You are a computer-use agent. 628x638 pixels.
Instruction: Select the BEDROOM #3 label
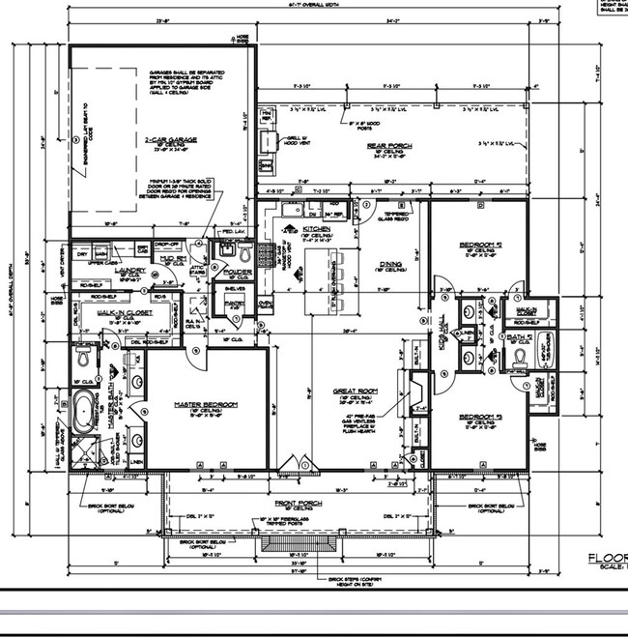pyautogui.click(x=479, y=418)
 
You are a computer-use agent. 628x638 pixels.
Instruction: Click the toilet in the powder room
pyautogui.click(x=243, y=253)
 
